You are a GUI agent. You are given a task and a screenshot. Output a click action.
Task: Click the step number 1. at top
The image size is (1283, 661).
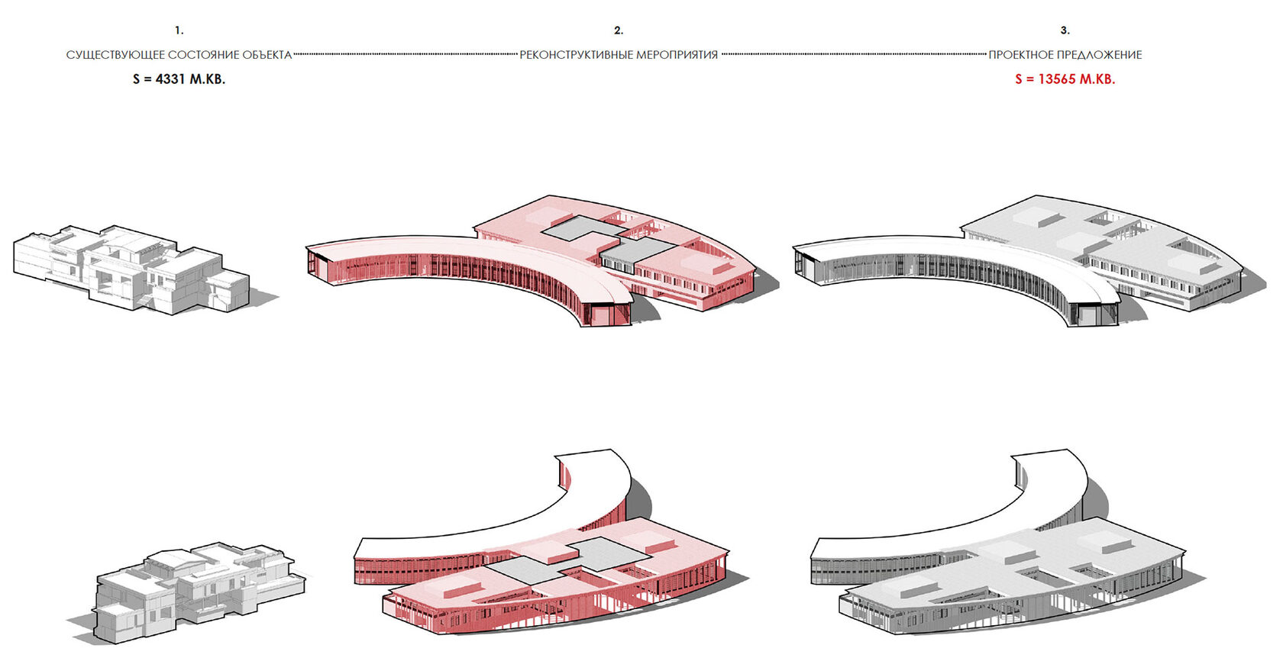click(x=179, y=31)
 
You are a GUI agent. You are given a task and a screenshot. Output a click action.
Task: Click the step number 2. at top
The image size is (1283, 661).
click(x=618, y=31)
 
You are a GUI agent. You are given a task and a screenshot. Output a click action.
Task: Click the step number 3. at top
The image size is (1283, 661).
click(x=1065, y=31)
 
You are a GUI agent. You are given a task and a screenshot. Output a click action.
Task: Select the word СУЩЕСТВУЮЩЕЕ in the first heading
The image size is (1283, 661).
click(x=115, y=55)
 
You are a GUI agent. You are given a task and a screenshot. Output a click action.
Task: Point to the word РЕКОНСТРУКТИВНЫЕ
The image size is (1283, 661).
click(x=576, y=55)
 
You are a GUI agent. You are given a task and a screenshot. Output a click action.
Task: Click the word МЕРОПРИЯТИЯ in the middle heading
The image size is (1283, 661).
click(x=677, y=55)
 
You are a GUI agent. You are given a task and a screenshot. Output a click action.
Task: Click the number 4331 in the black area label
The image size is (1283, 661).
click(x=170, y=79)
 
